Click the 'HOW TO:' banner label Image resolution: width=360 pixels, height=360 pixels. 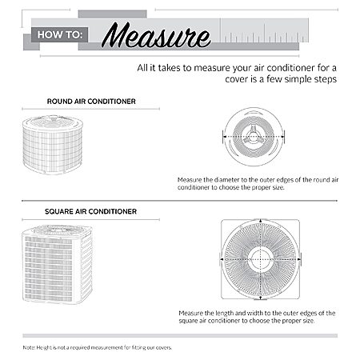click(x=60, y=34)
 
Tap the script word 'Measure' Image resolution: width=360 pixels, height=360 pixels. click(x=156, y=36)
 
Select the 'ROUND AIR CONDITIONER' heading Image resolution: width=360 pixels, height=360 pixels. click(x=91, y=102)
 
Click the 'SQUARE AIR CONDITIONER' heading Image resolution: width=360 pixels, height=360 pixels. click(x=90, y=211)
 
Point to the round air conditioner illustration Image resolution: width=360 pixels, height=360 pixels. click(x=53, y=145)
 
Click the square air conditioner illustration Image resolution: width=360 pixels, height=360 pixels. click(x=58, y=265)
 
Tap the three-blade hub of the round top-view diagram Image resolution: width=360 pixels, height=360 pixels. click(x=253, y=137)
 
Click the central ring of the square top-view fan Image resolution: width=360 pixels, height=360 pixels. click(x=260, y=259)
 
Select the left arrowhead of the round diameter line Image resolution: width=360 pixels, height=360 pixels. click(x=225, y=137)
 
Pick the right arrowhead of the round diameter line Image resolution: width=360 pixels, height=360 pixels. click(x=282, y=137)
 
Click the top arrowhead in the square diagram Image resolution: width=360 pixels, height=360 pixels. click(x=260, y=221)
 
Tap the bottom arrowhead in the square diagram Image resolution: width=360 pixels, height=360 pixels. click(x=260, y=297)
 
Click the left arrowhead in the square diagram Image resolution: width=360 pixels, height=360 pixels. click(x=222, y=259)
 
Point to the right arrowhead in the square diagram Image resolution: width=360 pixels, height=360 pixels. click(x=299, y=259)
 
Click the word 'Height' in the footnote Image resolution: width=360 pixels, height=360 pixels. click(x=43, y=348)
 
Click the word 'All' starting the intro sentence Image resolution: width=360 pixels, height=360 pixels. click(x=142, y=68)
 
